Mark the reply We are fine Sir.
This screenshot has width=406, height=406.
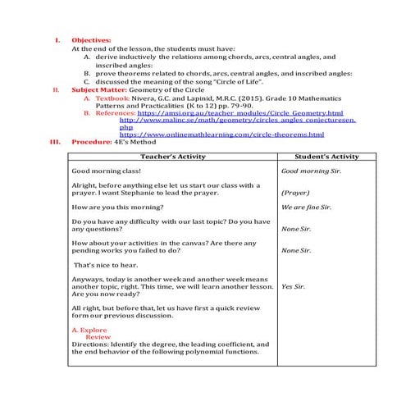click(305, 208)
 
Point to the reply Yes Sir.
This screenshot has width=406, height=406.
click(293, 288)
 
